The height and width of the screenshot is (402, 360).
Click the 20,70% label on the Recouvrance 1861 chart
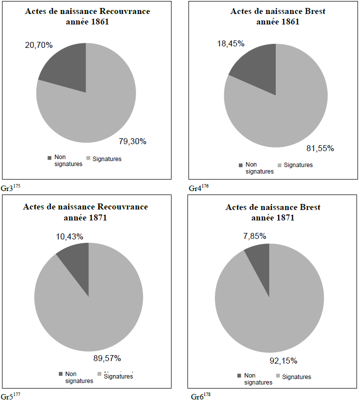(39, 45)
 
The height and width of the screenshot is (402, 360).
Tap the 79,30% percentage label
(132, 141)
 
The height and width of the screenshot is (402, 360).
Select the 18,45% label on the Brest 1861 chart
(230, 43)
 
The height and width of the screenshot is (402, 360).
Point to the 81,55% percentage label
(320, 148)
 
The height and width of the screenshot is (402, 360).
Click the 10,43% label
(69, 235)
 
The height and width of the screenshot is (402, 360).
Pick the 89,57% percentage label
(107, 358)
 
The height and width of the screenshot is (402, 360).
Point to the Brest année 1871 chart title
(273, 212)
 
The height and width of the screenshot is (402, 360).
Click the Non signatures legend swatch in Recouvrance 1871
(61, 374)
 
